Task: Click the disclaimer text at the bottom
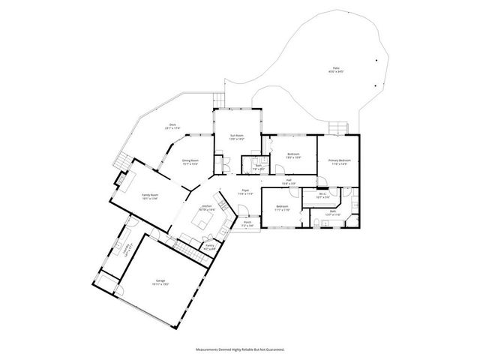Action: coord(239,349)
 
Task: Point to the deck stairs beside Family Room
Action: coord(120,160)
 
